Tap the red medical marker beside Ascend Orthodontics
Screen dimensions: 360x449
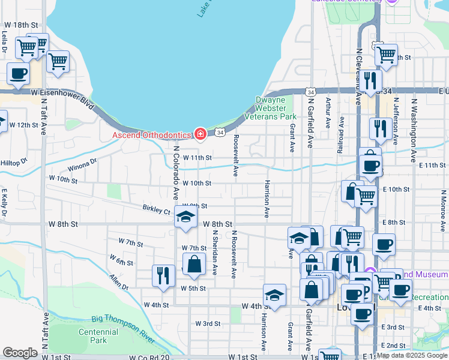coord(200,134)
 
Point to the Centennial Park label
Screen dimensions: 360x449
coord(98,336)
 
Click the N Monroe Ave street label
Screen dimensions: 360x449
coord(443,210)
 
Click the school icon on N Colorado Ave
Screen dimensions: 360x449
coord(186,217)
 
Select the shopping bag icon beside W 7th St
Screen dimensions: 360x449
coord(194,265)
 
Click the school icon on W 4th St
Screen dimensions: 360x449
coord(274,295)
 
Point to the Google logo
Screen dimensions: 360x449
coord(20,353)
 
